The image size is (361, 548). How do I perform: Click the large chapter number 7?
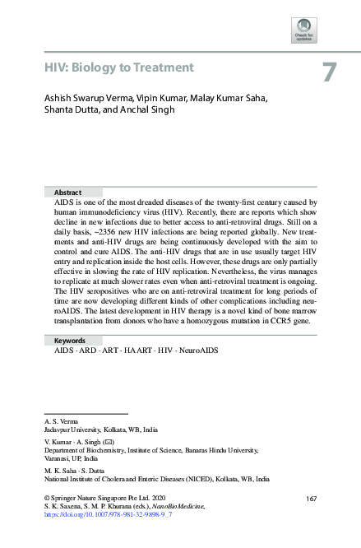pyautogui.click(x=328, y=72)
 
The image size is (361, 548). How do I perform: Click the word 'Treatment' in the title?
pyautogui.click(x=160, y=67)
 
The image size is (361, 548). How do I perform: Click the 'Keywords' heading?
pyautogui.click(x=70, y=341)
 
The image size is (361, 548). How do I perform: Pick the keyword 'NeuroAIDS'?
pyautogui.click(x=197, y=351)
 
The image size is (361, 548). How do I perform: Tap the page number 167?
pyautogui.click(x=311, y=499)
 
